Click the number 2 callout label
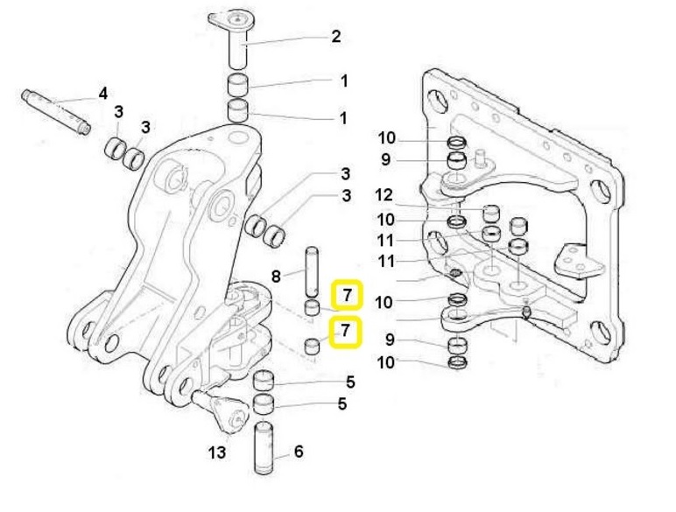[x=335, y=37]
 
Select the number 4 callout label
[x=102, y=94]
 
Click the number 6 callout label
[x=299, y=452]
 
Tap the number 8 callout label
[x=276, y=277]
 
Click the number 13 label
[x=216, y=452]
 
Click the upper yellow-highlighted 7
[x=347, y=296]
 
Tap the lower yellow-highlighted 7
[x=347, y=331]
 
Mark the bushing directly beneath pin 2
[x=238, y=86]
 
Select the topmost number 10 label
[x=386, y=137]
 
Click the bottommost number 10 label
[x=386, y=361]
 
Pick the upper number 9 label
[x=386, y=159]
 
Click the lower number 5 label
[x=342, y=404]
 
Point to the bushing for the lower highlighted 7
[x=311, y=344]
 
